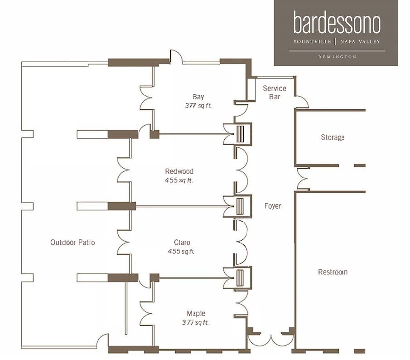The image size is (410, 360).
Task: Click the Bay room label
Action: [198, 97]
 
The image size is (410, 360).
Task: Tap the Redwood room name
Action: [179, 171]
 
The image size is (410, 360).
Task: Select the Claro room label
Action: [182, 242]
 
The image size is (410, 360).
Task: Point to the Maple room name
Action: [196, 313]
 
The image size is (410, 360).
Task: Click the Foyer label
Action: [273, 206]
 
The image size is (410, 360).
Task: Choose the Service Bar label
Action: [275, 92]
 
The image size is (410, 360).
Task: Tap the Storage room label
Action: [333, 137]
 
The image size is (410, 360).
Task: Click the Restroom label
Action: [333, 272]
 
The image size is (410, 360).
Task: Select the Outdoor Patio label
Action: [72, 242]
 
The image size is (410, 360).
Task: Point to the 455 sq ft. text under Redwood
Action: [179, 180]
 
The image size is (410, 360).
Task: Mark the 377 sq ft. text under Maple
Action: [195, 322]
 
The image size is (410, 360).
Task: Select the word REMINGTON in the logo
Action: [337, 57]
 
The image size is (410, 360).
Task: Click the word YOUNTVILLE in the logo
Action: [312, 42]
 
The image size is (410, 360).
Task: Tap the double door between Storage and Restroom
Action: [301, 179]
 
